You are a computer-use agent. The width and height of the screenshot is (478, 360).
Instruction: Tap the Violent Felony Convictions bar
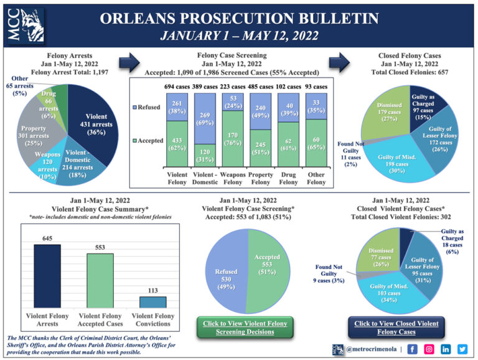pyautogui.click(x=152, y=302)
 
